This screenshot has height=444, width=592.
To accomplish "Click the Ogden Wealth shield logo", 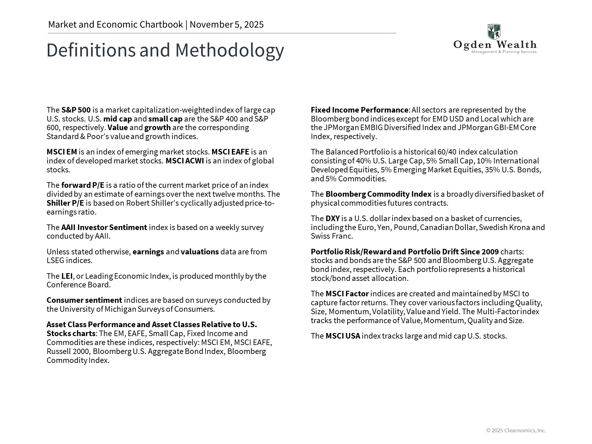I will coord(494,32).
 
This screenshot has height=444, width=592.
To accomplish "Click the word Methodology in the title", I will coord(229,50).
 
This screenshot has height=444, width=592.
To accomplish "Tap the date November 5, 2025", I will coord(227,25).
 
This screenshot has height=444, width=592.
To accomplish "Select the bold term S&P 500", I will coord(76,110).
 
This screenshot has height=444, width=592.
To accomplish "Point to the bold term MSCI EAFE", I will coord(230,152).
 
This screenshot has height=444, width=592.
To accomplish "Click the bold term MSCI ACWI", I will coord(185,161).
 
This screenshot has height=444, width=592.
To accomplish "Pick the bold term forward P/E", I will coord(83,185).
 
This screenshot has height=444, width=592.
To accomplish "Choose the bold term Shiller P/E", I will coord(65,203).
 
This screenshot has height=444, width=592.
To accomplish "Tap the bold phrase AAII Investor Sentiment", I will coord(104,228).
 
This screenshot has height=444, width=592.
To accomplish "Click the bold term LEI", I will coord(67,276).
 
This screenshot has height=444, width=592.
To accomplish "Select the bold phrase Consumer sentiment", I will coord(84,300).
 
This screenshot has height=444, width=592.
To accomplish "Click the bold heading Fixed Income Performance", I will coord(359,110).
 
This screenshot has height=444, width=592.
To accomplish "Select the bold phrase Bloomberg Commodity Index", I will coord(378,194).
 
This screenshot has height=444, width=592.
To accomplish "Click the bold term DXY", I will coord(332,219).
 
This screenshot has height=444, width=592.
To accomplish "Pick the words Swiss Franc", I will coord(331,236).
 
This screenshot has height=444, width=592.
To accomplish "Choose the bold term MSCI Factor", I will coord(347,294).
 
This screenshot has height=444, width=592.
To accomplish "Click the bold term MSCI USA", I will coord(343,336).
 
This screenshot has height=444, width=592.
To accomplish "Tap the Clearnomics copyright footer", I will coord(516,430).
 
